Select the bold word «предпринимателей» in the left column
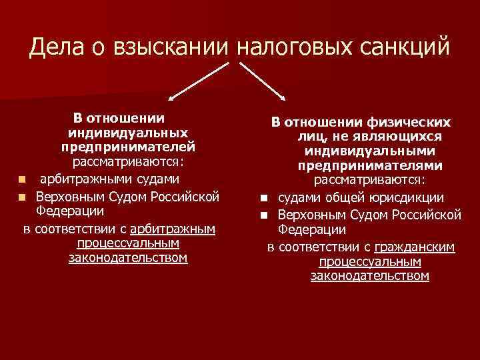(x=128, y=146)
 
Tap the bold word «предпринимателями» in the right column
(x=370, y=165)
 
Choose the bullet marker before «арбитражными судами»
(x=23, y=179)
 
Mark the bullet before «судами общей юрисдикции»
(x=264, y=198)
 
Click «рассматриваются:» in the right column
(x=370, y=180)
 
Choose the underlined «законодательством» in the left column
(x=128, y=258)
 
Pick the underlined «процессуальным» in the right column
(x=370, y=261)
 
